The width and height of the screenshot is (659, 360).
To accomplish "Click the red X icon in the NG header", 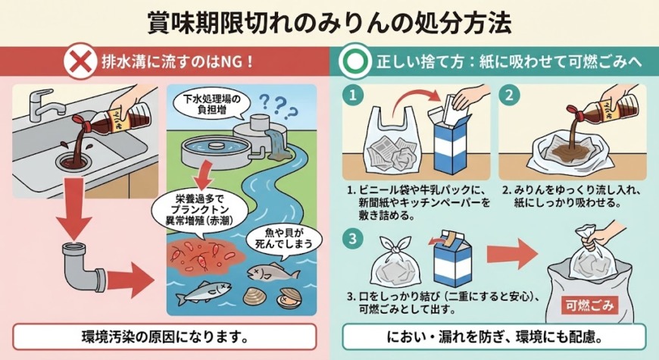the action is coord(80,63).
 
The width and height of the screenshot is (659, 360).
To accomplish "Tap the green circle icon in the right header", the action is coord(355,62).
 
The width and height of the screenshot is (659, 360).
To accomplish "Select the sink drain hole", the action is coord(72,162).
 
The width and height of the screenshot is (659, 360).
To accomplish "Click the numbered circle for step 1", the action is coord(353,95).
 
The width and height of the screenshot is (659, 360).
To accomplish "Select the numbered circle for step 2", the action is coord(509,95).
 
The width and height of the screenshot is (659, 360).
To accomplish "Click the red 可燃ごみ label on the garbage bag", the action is coord(589,305).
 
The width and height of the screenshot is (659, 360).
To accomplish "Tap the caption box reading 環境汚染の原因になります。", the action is coord(164,337).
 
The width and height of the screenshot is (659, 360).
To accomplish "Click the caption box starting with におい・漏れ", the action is coord(494,337).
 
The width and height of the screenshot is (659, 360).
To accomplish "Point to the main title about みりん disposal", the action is coord(329,23).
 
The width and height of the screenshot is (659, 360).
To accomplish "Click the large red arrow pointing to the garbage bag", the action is coord(512,254).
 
